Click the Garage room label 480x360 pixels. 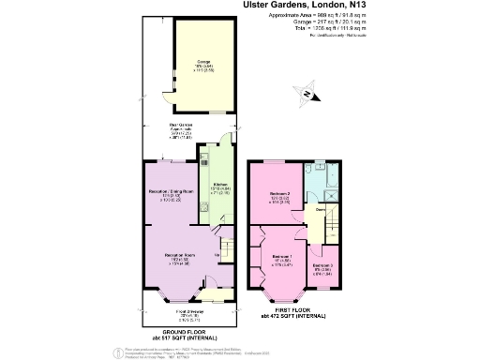point(202,64)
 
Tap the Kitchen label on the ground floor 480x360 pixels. point(220,185)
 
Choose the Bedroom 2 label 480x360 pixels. point(278,196)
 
